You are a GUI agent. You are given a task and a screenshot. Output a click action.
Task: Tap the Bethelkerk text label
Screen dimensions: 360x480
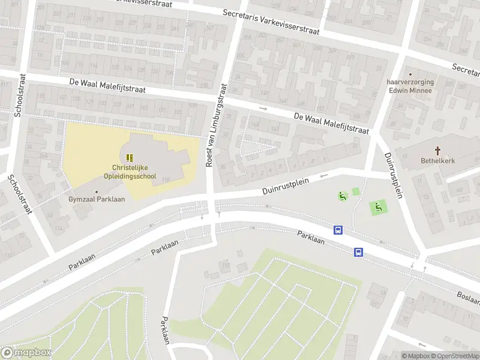point(437,161)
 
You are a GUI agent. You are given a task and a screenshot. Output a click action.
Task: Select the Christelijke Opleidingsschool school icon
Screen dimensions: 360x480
point(130,157)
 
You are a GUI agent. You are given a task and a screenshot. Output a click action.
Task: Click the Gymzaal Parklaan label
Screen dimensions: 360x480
point(96,199)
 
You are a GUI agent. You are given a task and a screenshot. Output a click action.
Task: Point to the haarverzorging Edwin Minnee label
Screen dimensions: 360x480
point(410,86)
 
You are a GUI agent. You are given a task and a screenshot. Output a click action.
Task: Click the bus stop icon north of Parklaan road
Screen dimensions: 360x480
point(338,230)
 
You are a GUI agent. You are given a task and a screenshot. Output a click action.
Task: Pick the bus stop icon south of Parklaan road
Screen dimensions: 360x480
point(359,252)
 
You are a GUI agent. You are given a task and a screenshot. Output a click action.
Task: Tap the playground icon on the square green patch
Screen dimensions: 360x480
point(379,208)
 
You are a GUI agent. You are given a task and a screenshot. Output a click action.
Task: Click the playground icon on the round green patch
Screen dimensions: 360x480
point(343,196)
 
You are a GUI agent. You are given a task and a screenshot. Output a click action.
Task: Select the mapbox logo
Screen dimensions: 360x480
point(26,353)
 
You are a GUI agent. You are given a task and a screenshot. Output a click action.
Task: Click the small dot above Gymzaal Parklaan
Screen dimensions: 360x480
point(96,191)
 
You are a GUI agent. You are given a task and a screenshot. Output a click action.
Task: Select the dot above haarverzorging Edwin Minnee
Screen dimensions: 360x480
point(410,74)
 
